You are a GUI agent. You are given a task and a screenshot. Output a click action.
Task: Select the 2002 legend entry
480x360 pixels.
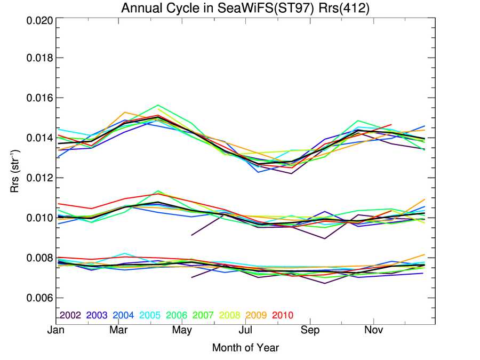click(70, 316)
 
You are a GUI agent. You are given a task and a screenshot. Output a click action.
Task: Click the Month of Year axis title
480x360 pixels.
click(245, 348)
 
